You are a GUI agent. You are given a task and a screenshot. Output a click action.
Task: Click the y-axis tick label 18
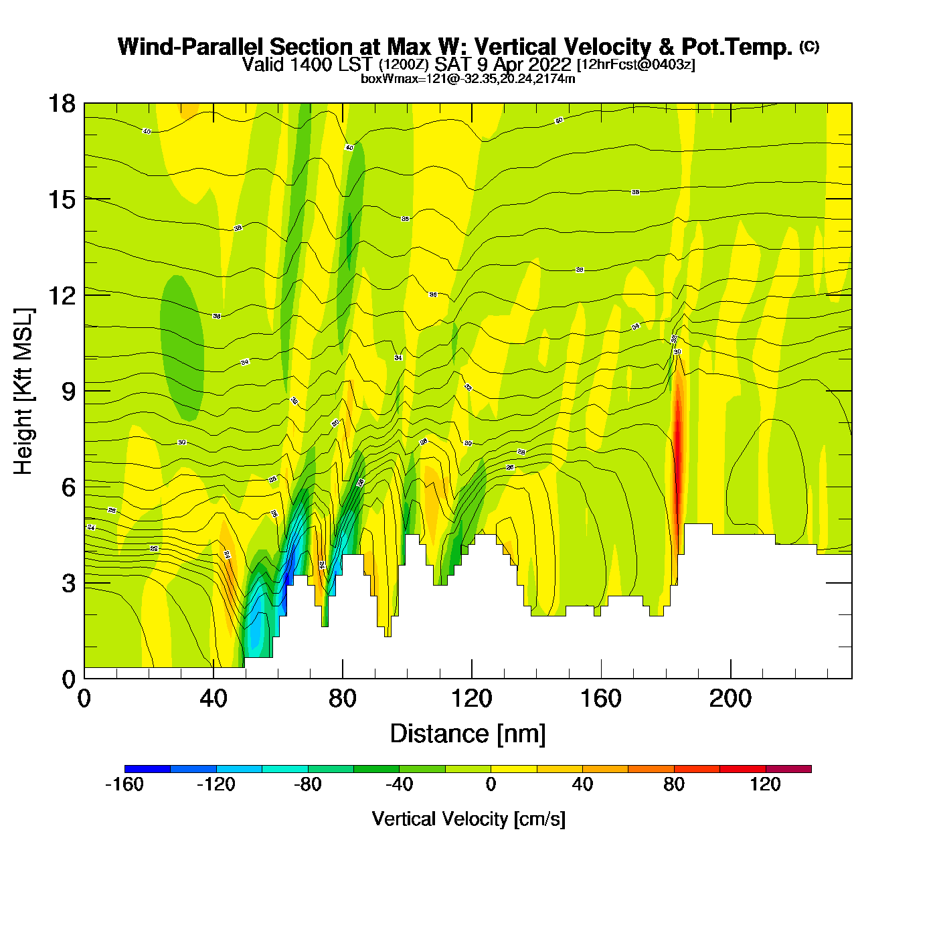61,104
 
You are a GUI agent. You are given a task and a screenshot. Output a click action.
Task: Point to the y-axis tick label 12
61,295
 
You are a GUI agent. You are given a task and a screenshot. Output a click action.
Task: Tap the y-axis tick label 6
68,487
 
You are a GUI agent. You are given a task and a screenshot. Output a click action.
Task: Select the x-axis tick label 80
343,699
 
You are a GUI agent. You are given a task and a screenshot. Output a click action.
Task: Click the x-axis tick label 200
730,699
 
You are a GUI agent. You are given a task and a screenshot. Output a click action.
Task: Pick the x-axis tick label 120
472,699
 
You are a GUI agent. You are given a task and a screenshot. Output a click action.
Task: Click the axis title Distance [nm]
468,734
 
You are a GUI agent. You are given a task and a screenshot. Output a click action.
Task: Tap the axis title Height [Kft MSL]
23,392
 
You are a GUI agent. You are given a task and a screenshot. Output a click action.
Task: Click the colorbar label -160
124,784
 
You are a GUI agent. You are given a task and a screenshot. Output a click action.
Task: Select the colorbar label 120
765,784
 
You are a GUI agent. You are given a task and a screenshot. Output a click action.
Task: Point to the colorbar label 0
491,784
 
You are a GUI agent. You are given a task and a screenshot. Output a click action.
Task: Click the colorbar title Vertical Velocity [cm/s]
468,819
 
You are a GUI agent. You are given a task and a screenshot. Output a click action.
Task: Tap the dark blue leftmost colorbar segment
147,769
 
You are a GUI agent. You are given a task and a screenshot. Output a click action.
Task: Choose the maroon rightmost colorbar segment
788,769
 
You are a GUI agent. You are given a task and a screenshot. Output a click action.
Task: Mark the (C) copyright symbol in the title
809,46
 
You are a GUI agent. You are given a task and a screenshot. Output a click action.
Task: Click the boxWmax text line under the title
468,78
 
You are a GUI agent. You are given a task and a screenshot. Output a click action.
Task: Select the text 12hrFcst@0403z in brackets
636,65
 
